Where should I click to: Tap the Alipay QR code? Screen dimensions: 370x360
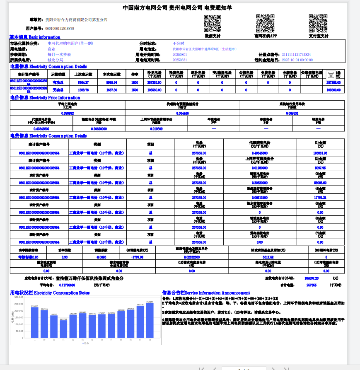318,23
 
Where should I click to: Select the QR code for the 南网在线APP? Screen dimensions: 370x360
265,23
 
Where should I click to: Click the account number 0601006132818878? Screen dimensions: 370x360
60,29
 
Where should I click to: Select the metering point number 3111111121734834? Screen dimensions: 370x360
296,54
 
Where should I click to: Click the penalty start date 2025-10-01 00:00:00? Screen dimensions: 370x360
297,60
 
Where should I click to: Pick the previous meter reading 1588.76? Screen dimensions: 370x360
83,89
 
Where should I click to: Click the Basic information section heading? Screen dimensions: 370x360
35,37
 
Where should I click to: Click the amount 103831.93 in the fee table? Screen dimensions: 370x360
320,153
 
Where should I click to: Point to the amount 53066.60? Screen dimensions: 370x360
320,182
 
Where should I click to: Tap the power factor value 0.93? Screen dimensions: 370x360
64,257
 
